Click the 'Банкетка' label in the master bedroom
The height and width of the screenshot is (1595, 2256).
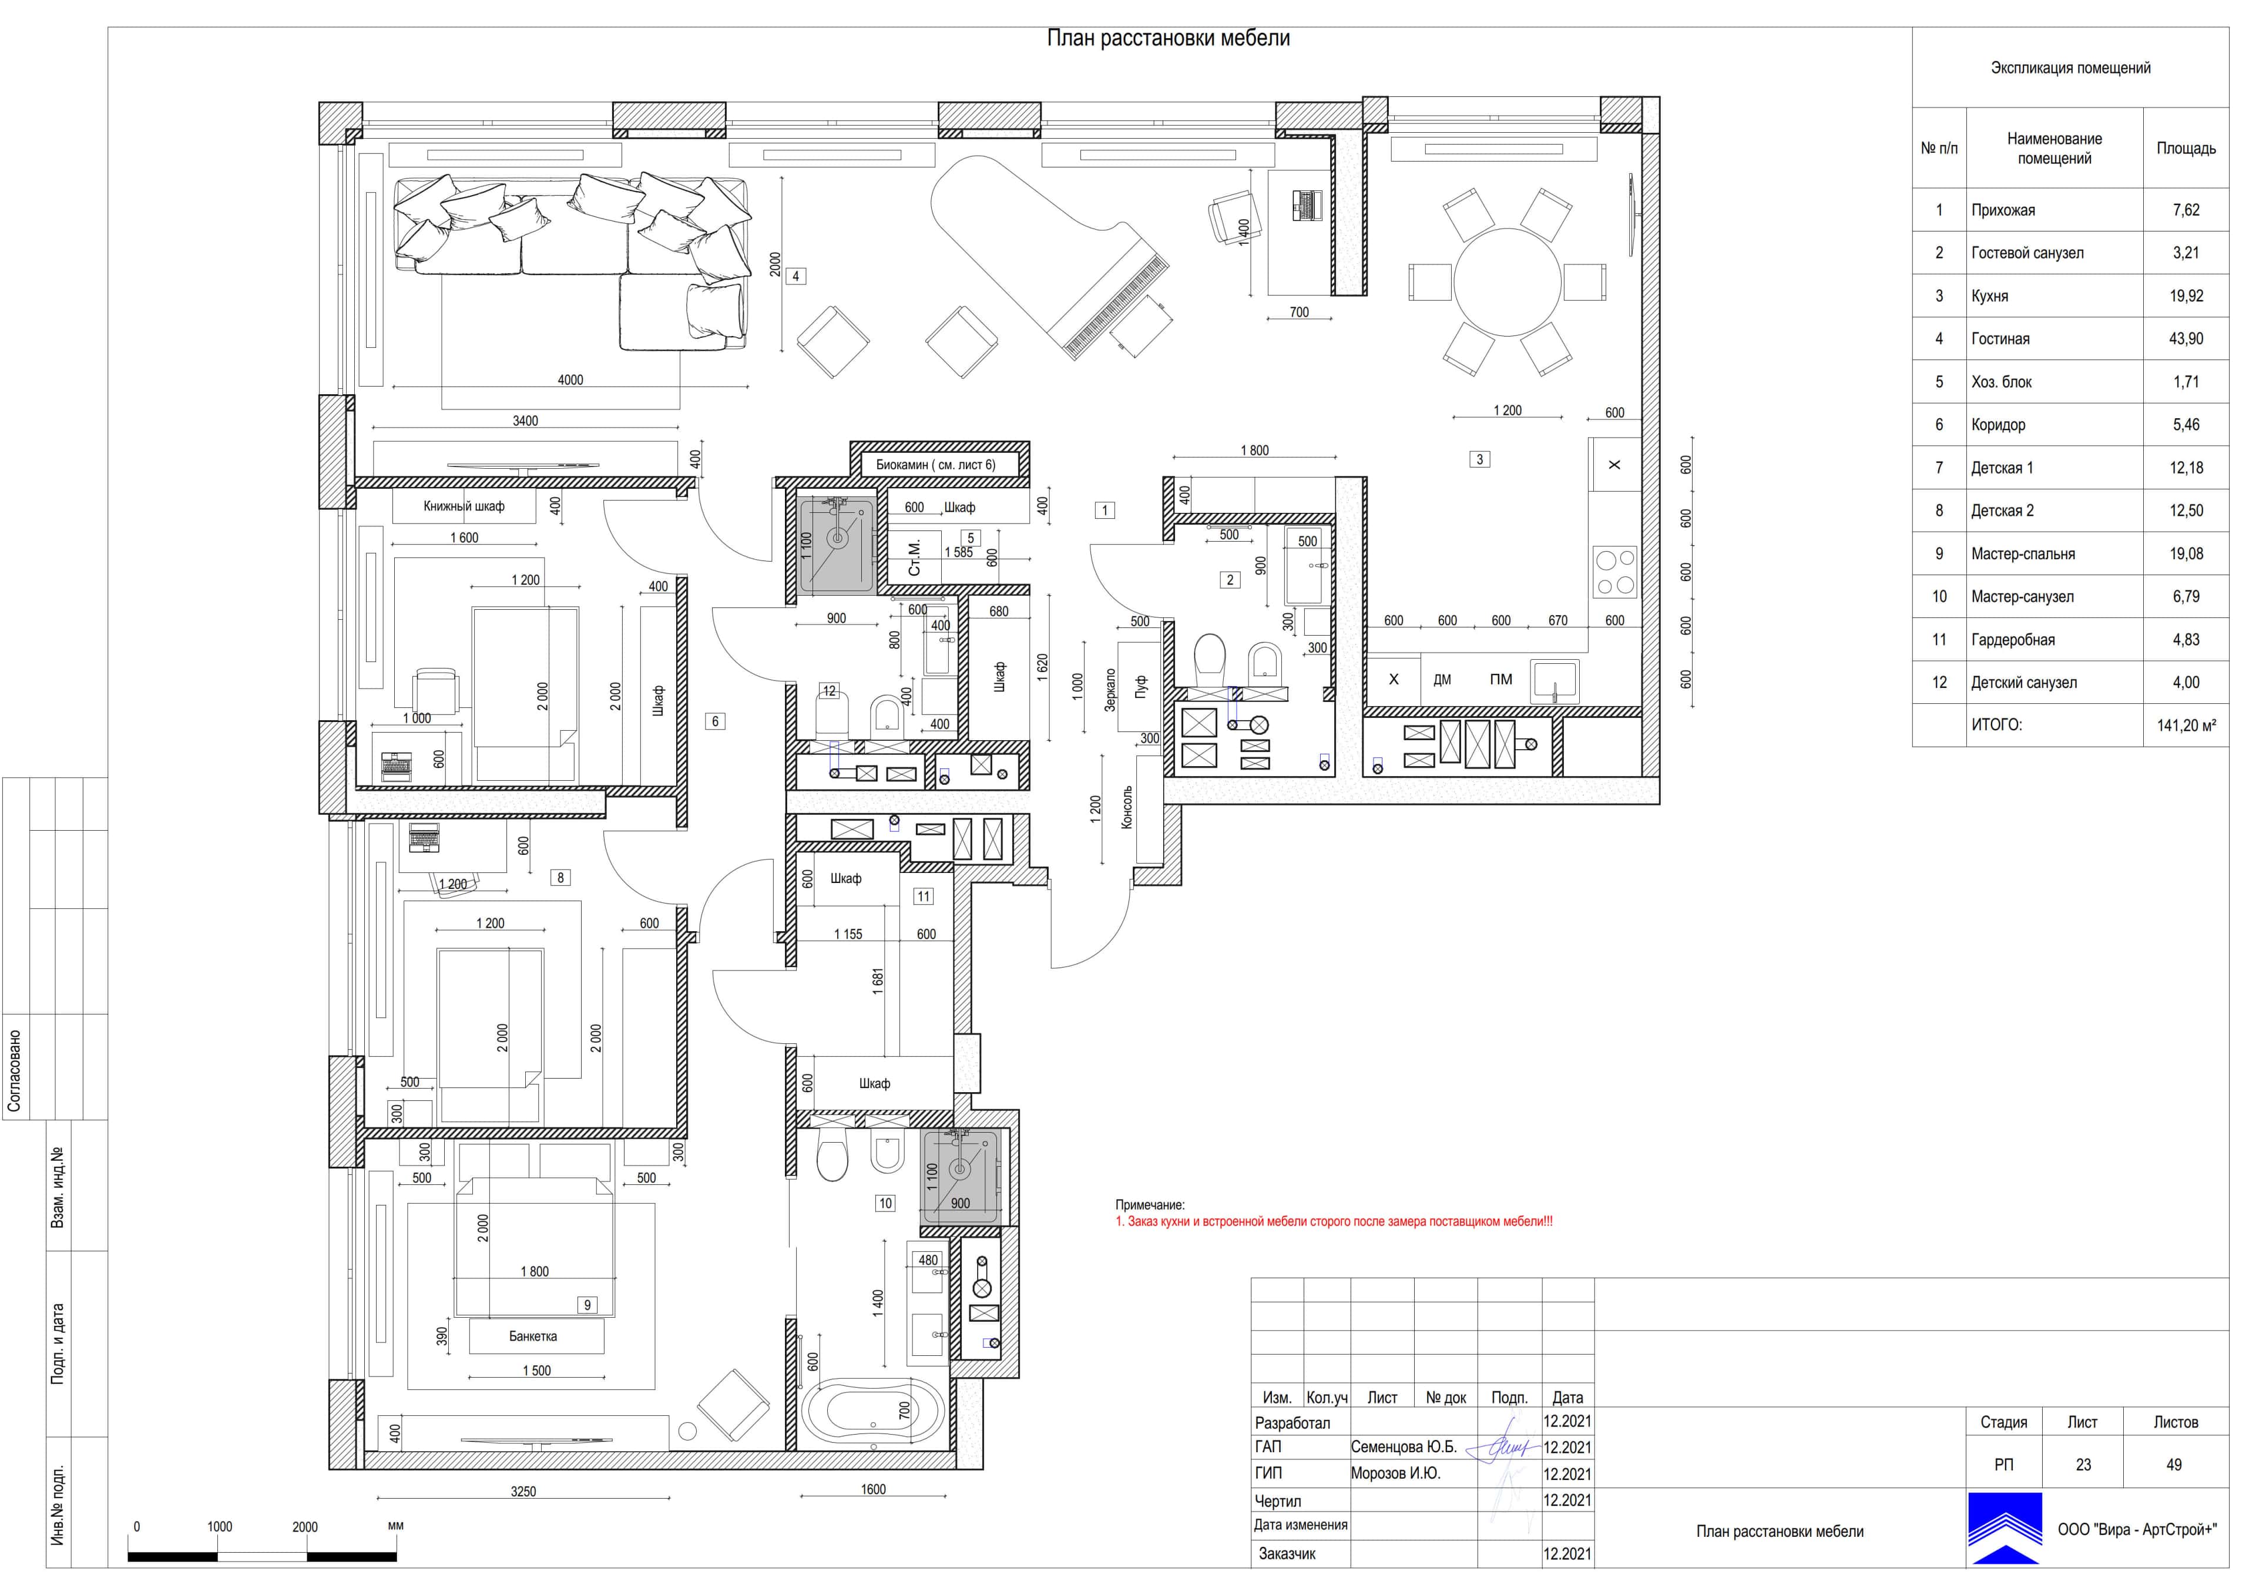pyautogui.click(x=533, y=1337)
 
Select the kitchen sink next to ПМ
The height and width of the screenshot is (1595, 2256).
pyautogui.click(x=1556, y=680)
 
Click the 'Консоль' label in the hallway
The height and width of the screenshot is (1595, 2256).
pyautogui.click(x=1127, y=808)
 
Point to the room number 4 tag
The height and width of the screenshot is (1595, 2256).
pyautogui.click(x=796, y=276)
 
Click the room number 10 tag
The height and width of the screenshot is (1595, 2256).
pyautogui.click(x=885, y=1203)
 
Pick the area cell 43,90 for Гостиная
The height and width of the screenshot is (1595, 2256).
pyautogui.click(x=2186, y=339)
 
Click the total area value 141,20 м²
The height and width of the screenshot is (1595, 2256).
pyautogui.click(x=2186, y=726)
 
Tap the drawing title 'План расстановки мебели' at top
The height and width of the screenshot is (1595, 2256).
pyautogui.click(x=1169, y=38)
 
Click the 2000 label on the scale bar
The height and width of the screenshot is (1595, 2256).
pyautogui.click(x=304, y=1527)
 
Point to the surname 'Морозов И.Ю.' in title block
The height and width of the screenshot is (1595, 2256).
pyautogui.click(x=1395, y=1474)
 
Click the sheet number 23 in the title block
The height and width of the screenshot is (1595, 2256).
pyautogui.click(x=2083, y=1465)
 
